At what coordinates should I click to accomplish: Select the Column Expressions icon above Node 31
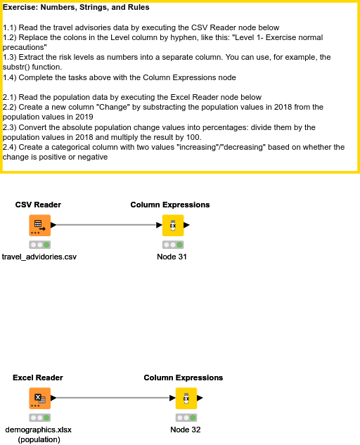tap(172, 226)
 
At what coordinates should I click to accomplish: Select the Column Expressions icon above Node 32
tap(186, 398)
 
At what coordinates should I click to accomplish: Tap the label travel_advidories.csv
tap(39, 257)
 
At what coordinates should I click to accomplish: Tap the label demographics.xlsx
tap(39, 429)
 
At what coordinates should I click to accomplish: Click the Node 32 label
tap(186, 429)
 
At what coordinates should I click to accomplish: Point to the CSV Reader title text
tap(38, 205)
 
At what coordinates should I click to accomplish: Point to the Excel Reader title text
tap(38, 378)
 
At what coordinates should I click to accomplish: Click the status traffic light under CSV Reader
tap(39, 245)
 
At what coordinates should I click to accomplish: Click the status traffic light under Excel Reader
tap(39, 417)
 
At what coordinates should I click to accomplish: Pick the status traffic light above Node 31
tap(172, 245)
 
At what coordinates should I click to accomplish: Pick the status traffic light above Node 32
tap(186, 417)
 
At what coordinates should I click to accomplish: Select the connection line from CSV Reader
tap(105, 226)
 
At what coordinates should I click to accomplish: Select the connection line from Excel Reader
tap(112, 398)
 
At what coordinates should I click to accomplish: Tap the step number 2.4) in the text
tap(12, 147)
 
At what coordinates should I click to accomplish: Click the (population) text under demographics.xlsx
tap(39, 439)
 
